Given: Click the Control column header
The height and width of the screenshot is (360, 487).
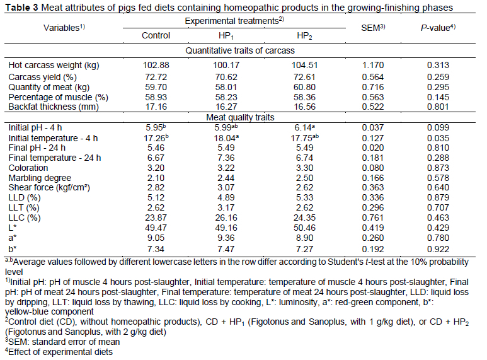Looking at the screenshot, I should (156, 35).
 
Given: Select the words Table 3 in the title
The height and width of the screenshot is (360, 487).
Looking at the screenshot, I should (22, 8).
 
